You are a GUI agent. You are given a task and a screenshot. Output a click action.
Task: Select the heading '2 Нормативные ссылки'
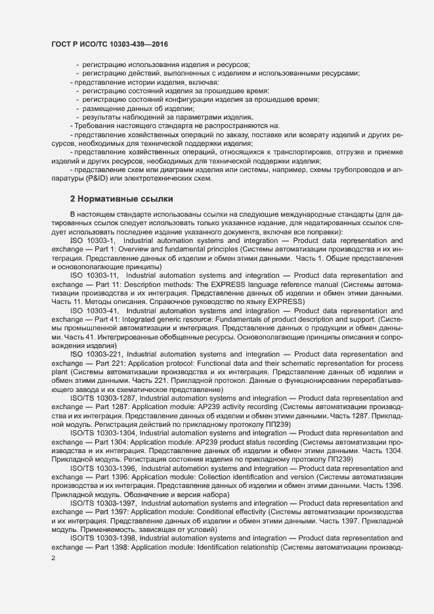pyautogui.click(x=121, y=198)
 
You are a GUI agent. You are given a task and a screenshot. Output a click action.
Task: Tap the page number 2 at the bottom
pyautogui.click(x=53, y=558)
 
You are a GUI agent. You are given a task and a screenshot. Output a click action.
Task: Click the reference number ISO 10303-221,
pyautogui.click(x=96, y=354)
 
